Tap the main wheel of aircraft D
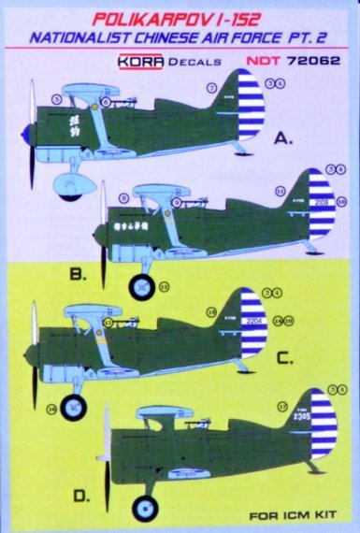tap(145, 508)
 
